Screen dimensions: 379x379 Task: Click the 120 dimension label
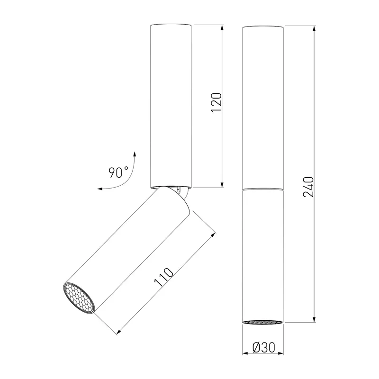tap(217, 102)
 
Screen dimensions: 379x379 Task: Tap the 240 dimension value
tap(308, 187)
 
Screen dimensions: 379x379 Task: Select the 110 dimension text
tap(164, 277)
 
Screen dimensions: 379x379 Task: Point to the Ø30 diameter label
tap(264, 348)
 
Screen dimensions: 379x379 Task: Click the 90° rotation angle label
tap(118, 172)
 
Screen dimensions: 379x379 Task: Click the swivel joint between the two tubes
tap(180, 192)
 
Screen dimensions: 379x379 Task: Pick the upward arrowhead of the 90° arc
tap(135, 155)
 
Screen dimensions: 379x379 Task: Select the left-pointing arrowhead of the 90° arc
tap(100, 189)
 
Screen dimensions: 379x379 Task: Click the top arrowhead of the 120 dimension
tap(222, 28)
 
